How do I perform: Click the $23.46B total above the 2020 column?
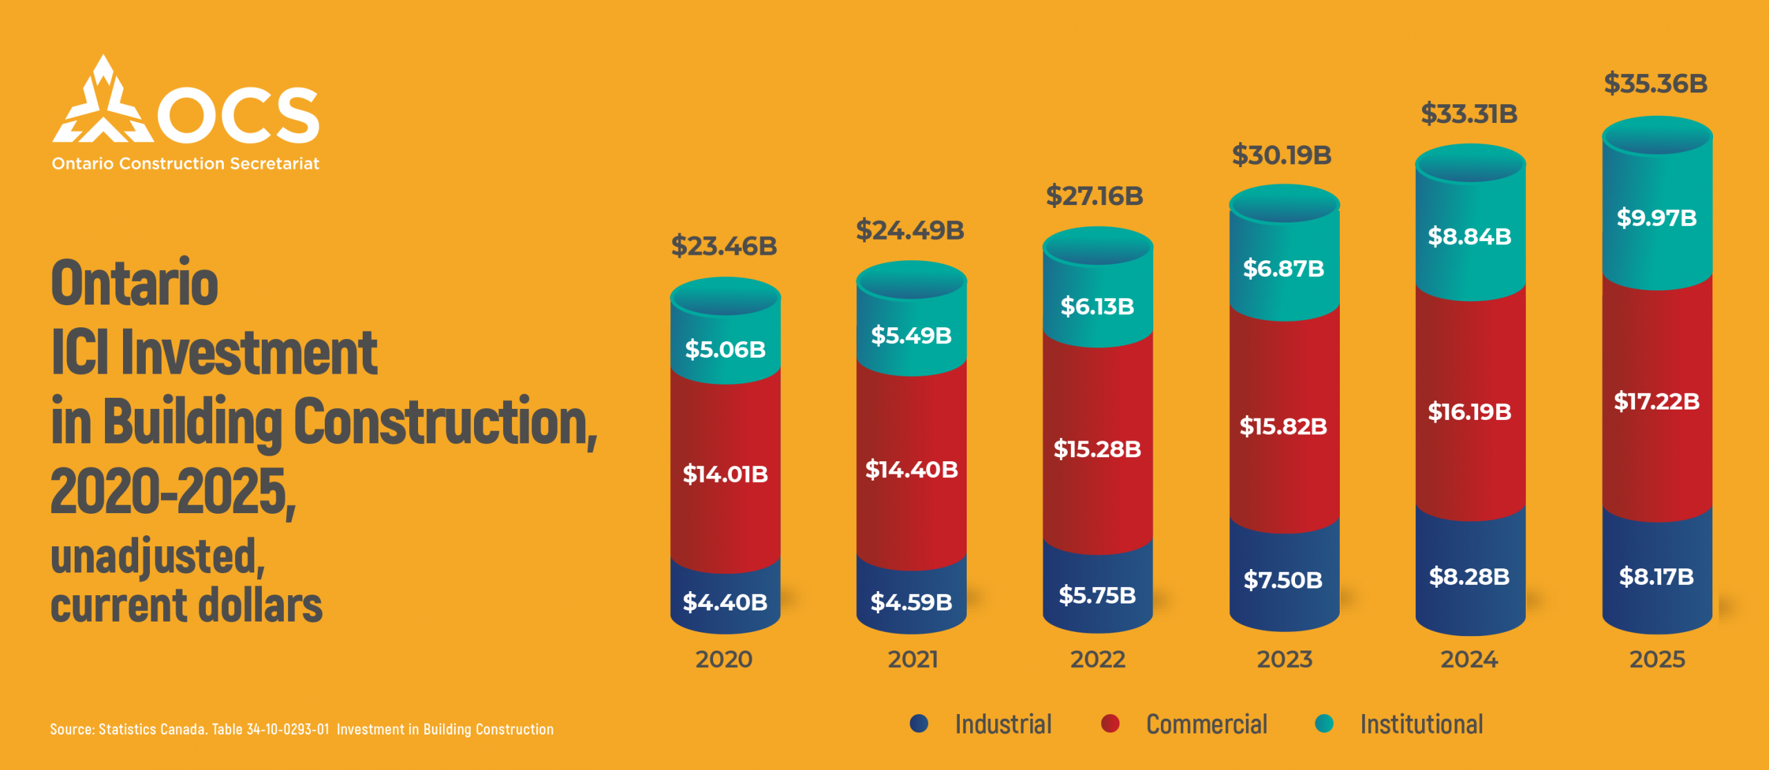[723, 246]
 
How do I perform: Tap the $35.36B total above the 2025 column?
[1655, 84]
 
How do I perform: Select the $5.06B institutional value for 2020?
[725, 349]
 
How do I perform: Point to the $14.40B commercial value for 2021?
[911, 470]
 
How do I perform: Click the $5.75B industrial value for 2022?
[1097, 595]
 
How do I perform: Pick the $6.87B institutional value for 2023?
[1283, 268]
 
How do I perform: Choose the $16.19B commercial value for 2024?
[1469, 412]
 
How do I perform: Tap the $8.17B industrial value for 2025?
[1656, 576]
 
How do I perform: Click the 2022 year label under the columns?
[1097, 660]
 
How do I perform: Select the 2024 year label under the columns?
[1469, 660]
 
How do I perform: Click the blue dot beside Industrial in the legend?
[919, 723]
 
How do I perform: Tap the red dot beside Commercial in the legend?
[1110, 723]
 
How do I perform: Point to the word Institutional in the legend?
[1421, 724]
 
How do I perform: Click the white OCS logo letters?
[238, 115]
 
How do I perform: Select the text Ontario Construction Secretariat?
[185, 164]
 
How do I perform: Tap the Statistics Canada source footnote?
[301, 729]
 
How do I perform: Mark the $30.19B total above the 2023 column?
[1281, 155]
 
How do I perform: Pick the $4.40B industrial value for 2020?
[725, 602]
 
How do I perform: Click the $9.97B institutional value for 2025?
[1656, 218]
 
